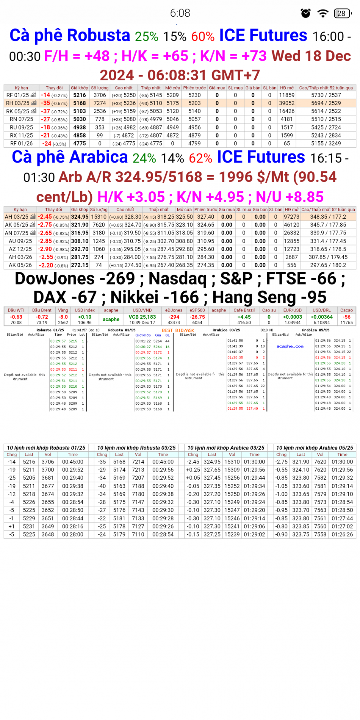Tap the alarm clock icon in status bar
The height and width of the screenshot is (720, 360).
click(305, 13)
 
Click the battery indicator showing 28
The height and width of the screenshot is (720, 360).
click(342, 13)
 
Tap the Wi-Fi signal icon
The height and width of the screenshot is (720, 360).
click(323, 13)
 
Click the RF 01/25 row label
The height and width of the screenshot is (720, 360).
click(17, 95)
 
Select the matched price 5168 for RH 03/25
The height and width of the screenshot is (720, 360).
click(80, 103)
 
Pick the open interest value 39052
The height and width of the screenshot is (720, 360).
click(287, 103)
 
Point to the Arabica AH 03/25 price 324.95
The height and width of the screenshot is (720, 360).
click(80, 217)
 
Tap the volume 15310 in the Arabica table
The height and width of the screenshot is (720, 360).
click(99, 217)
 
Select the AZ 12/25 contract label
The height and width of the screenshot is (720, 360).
click(18, 249)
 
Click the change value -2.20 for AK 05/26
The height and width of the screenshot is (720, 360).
click(46, 265)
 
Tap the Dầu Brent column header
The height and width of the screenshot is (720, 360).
click(42, 310)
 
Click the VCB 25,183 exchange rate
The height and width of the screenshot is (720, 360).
click(142, 317)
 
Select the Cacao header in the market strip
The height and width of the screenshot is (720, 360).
click(346, 310)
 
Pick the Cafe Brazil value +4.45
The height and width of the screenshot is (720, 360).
click(244, 317)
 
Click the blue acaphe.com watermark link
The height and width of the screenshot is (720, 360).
click(290, 346)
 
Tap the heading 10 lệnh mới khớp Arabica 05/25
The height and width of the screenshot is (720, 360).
click(315, 448)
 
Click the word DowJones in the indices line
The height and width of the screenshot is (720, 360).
click(55, 279)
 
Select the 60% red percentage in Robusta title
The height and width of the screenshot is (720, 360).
click(203, 36)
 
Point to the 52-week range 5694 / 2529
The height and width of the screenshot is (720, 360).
click(326, 103)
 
